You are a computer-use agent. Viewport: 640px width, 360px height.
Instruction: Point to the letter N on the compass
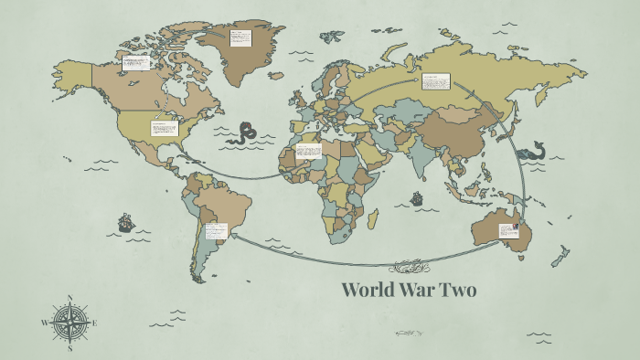[x=71, y=297]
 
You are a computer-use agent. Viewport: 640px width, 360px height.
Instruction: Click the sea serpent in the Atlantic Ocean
[x=246, y=134]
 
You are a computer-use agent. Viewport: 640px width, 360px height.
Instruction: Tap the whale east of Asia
[x=532, y=150]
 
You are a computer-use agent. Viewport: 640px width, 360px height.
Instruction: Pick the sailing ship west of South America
[x=125, y=222]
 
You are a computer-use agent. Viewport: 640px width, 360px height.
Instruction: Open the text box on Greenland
[x=241, y=37]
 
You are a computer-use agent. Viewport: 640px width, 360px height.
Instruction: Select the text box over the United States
[x=165, y=129]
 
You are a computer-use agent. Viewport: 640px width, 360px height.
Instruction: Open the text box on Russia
[x=435, y=82]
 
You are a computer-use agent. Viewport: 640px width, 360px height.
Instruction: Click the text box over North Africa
[x=309, y=150]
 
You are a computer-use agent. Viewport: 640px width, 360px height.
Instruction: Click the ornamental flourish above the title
[x=408, y=268]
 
